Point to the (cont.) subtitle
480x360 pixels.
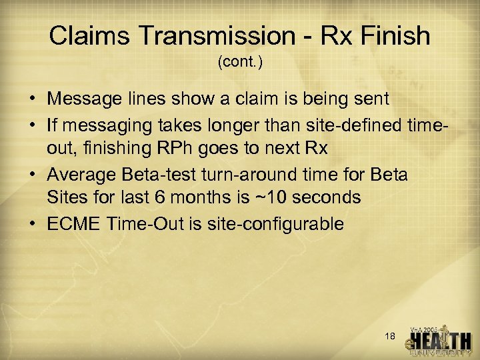point(240,63)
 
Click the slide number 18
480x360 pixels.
point(391,337)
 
